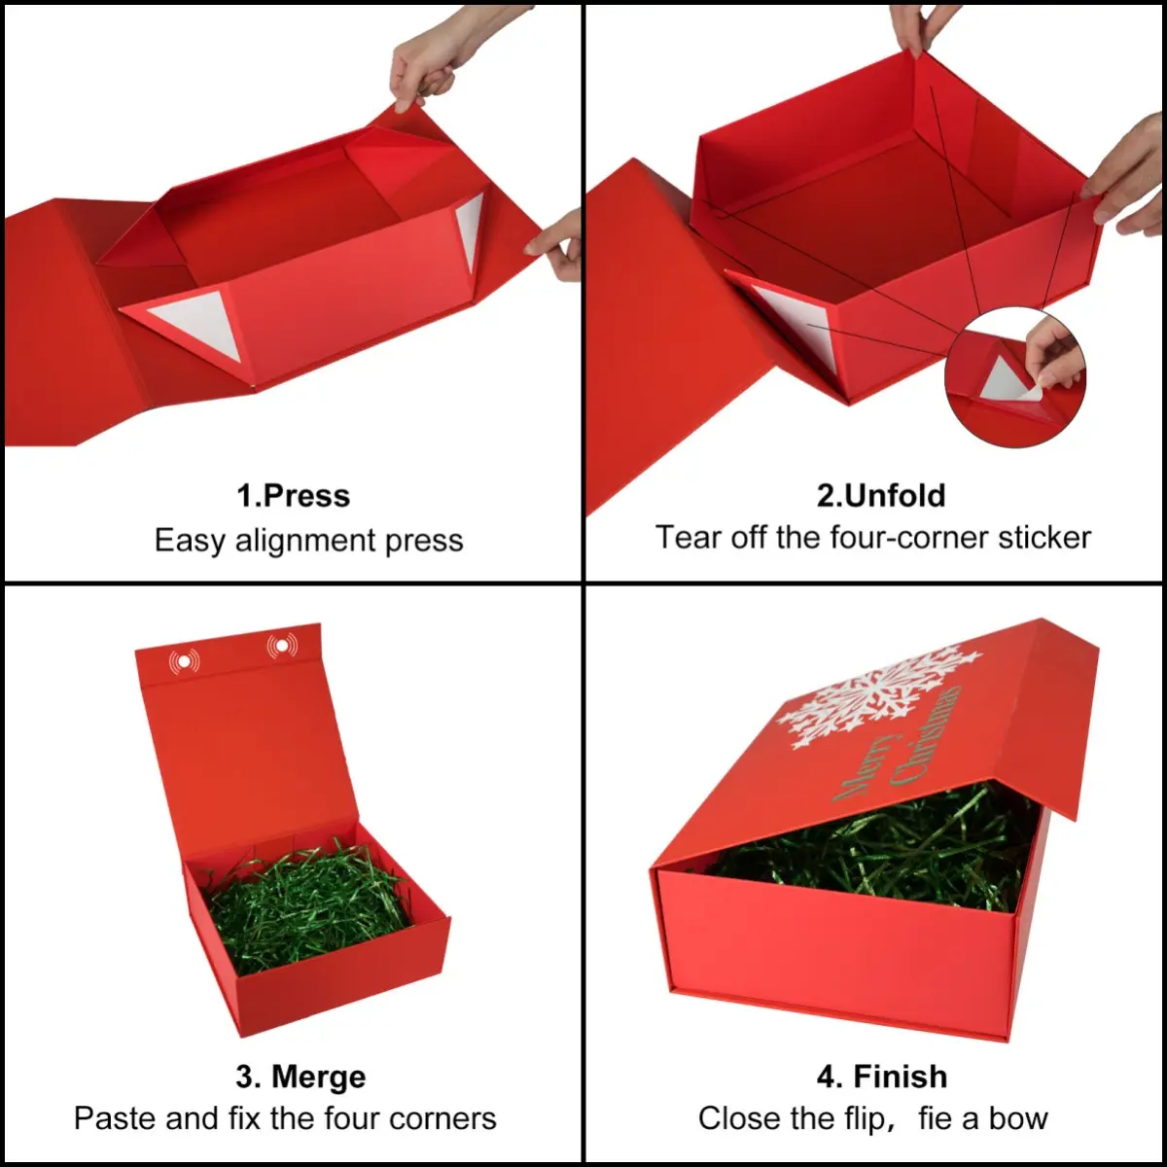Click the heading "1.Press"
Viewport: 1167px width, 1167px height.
click(293, 496)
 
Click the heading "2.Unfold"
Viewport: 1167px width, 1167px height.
click(881, 495)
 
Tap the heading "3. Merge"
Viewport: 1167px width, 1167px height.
click(301, 1077)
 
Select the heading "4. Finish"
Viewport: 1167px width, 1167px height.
click(882, 1077)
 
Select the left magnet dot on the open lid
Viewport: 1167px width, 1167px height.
click(184, 662)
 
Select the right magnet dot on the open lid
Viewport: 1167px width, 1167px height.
click(282, 647)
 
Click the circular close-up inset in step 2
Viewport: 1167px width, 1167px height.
click(1015, 376)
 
